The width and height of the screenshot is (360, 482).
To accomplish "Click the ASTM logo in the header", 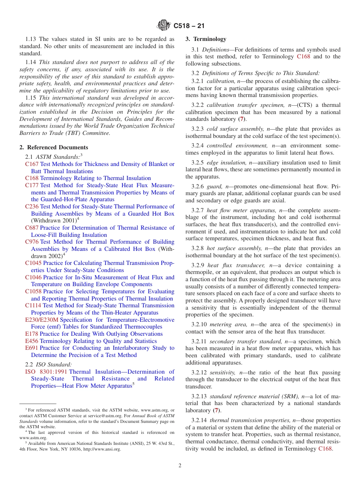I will point(164,26).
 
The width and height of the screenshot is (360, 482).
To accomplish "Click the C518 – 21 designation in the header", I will point(189,26).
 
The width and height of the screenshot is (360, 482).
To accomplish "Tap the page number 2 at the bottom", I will point(180,466).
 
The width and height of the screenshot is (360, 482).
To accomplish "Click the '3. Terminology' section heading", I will point(206,39).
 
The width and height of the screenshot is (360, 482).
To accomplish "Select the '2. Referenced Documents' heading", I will point(54,147).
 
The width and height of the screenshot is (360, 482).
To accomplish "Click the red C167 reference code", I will point(32,164).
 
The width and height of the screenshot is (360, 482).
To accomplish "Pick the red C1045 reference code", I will point(33,263).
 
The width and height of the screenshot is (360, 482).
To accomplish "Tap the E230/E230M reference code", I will point(42,320).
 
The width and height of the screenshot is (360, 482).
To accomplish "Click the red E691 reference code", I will point(31,348).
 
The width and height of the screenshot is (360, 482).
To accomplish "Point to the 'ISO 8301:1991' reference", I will point(46,372).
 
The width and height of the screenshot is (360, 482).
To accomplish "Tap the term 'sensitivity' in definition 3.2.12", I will point(222,372).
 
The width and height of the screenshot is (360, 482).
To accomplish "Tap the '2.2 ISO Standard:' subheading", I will point(48,365).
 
